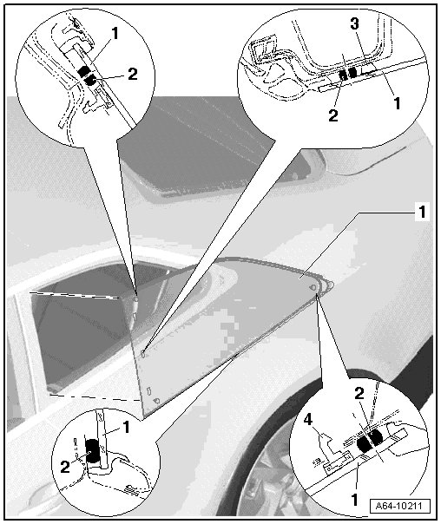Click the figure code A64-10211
click(400, 506)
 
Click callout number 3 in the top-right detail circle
click(354, 24)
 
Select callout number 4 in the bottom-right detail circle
click(308, 420)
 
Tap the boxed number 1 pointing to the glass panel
click(422, 212)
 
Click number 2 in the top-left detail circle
click(133, 74)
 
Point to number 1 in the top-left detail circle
click(115, 34)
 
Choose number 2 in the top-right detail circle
click(333, 115)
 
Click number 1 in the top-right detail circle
click(397, 103)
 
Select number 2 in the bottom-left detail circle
click(65, 467)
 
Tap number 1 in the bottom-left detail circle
click(126, 428)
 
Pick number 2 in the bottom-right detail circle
click(359, 395)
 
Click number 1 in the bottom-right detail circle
click(354, 500)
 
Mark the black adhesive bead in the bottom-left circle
click(93, 451)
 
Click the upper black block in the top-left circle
click(84, 71)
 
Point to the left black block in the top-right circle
click(343, 75)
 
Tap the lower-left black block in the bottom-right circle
click(364, 444)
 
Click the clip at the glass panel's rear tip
click(313, 287)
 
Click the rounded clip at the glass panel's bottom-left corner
click(156, 400)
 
